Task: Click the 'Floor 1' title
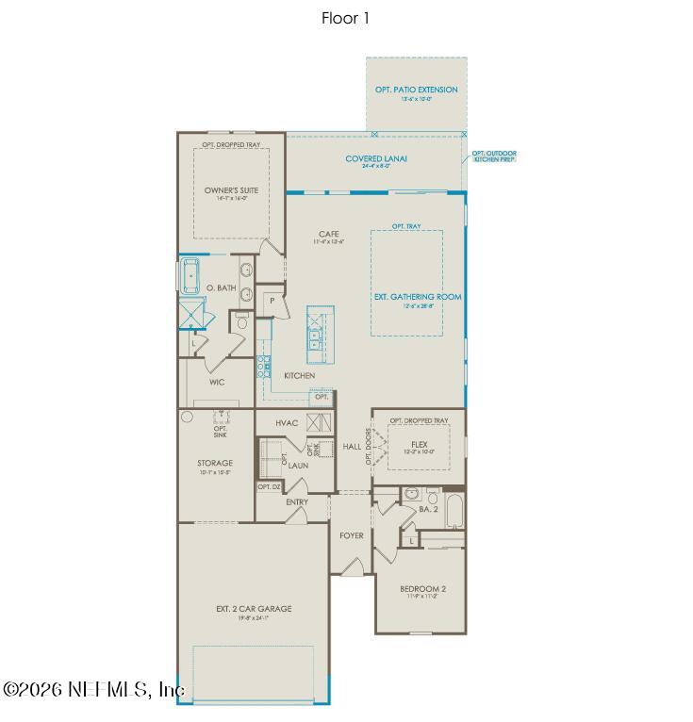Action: pyautogui.click(x=345, y=18)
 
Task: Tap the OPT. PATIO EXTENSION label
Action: pyautogui.click(x=416, y=90)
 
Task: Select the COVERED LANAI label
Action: pyautogui.click(x=375, y=159)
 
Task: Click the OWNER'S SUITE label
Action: pyautogui.click(x=231, y=190)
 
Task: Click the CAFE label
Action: pyautogui.click(x=328, y=234)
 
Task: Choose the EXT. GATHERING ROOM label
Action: pyautogui.click(x=417, y=297)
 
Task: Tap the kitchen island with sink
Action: pyautogui.click(x=314, y=334)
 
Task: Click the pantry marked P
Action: pyautogui.click(x=272, y=302)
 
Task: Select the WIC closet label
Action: pyautogui.click(x=217, y=383)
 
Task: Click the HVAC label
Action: pyautogui.click(x=287, y=423)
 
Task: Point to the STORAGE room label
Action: pyautogui.click(x=215, y=463)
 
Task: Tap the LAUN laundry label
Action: pyautogui.click(x=298, y=466)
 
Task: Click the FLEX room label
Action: pyautogui.click(x=420, y=444)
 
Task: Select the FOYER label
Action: pyautogui.click(x=352, y=535)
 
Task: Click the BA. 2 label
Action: pyautogui.click(x=428, y=509)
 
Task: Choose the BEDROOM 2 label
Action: pyautogui.click(x=422, y=589)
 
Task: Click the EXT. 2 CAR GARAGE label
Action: pyautogui.click(x=254, y=609)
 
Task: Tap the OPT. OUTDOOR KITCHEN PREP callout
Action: pyautogui.click(x=493, y=156)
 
